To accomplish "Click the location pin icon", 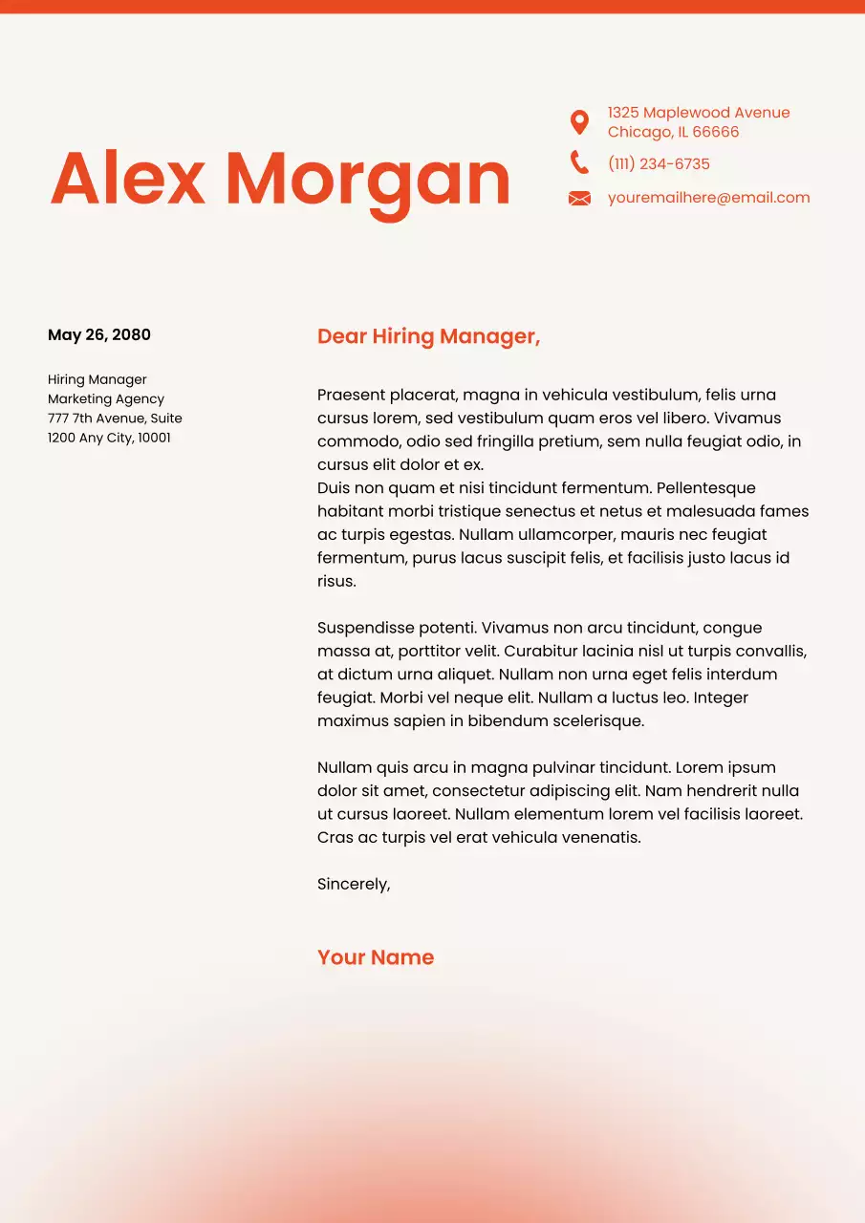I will pos(579,122).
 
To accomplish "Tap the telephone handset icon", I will pos(579,162).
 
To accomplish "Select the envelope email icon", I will pos(579,199).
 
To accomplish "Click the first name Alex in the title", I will pos(128,179).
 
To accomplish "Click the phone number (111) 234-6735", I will pos(659,164).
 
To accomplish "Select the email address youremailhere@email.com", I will pos(708,198).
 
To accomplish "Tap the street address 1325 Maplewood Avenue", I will pos(699,113).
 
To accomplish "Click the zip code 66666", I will pos(716,132).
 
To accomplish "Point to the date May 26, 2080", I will pos(99,334).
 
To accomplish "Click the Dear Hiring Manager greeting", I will pos(428,336).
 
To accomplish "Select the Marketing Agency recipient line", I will pos(106,399).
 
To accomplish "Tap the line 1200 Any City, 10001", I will pos(109,438).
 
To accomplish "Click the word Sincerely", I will pos(354,885).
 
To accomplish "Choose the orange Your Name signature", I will pos(376,957).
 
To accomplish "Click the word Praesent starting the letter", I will pos(350,395).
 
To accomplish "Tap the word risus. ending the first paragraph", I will pos(336,581).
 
